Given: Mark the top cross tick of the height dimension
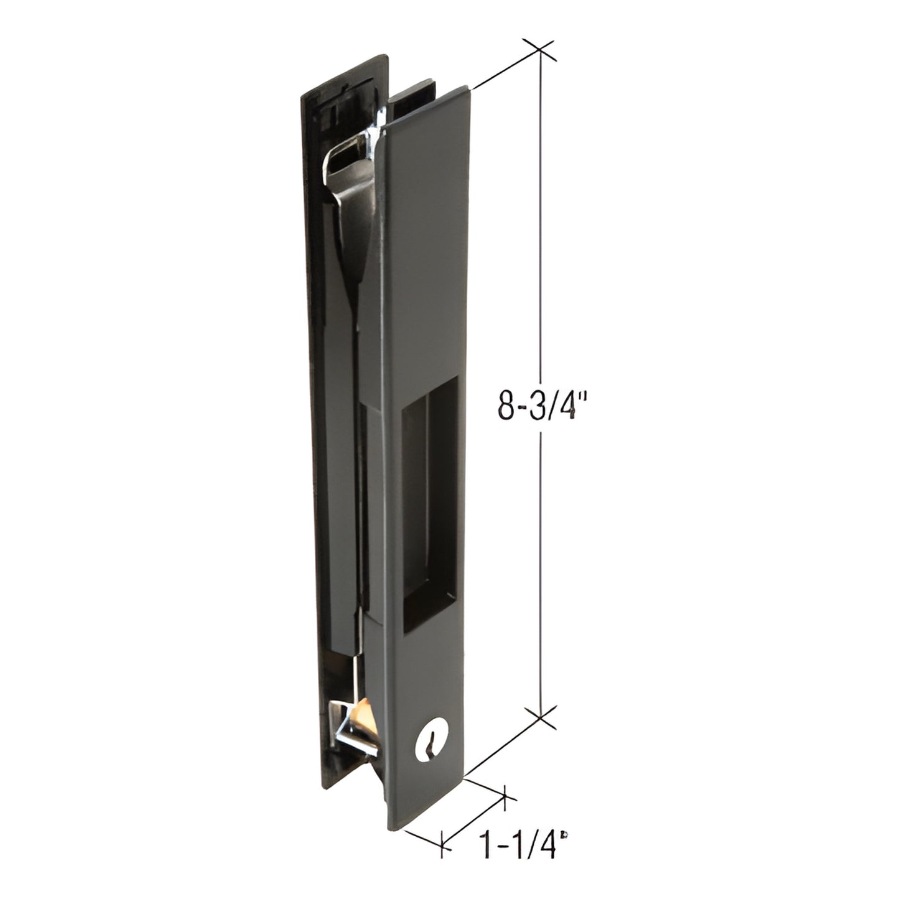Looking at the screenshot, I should [x=539, y=52].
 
